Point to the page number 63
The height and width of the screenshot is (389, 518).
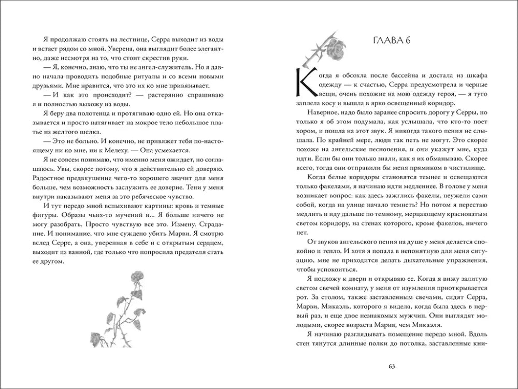click(392, 367)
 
